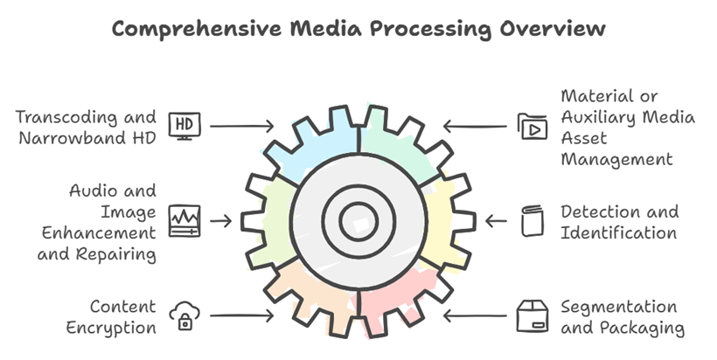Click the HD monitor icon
pos(184,126)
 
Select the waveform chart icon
pos(184,220)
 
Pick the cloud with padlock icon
pos(184,315)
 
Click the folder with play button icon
pos(532,127)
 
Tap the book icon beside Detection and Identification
pos(532,220)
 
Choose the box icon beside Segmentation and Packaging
pos(532,315)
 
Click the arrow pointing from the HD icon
pos(240,127)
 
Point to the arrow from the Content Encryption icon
pos(240,315)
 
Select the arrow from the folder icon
pos(477,127)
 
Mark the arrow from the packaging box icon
pos(477,315)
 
